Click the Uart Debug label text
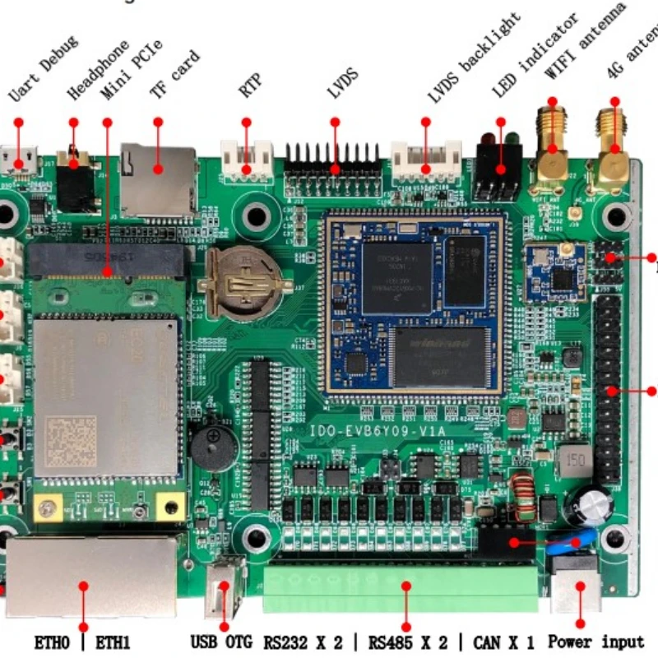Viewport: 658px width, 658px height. pyautogui.click(x=43, y=69)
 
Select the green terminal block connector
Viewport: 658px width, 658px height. pyautogui.click(x=401, y=586)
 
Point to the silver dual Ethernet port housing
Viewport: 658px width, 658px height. pyautogui.click(x=90, y=577)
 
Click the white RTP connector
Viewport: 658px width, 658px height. pyautogui.click(x=246, y=159)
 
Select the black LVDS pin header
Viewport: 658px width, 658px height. pyautogui.click(x=333, y=168)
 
